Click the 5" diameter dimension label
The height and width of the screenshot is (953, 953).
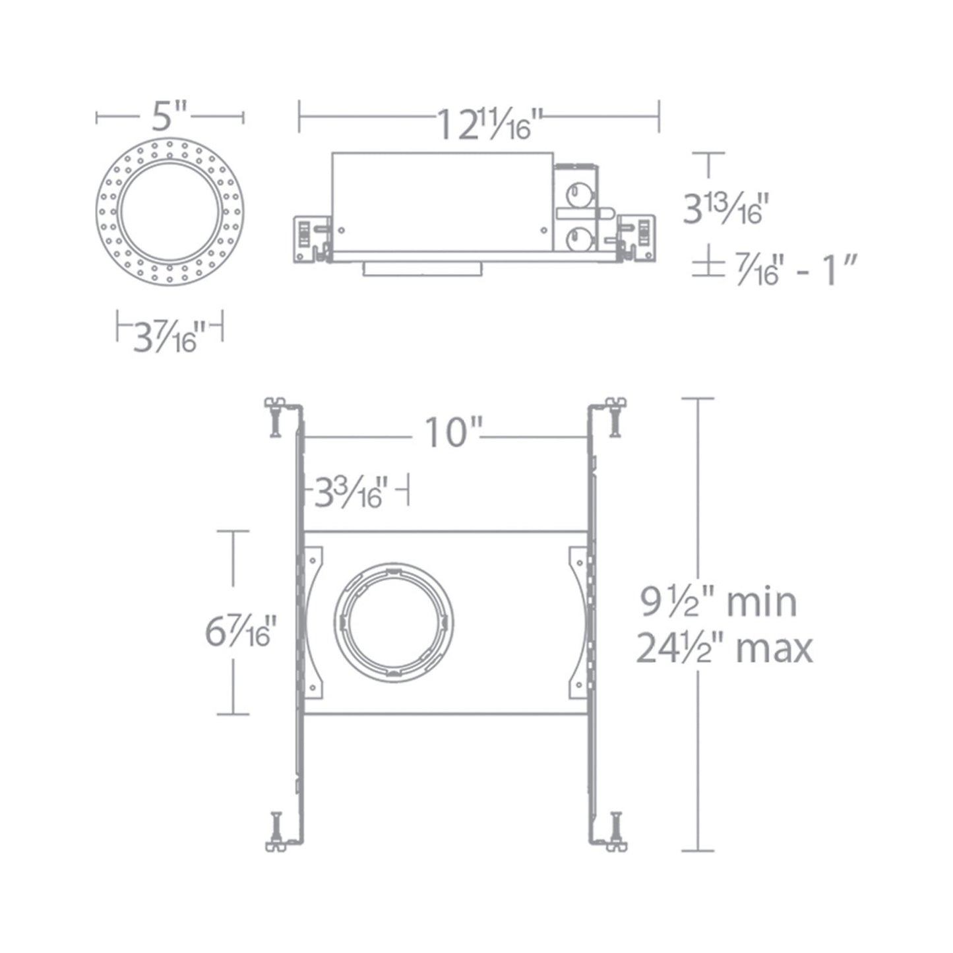(170, 117)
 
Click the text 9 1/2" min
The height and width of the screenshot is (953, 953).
(720, 602)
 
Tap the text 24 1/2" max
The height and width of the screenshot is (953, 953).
(723, 648)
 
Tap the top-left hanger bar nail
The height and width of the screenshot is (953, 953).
(276, 415)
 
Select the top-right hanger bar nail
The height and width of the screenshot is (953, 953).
(615, 415)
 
